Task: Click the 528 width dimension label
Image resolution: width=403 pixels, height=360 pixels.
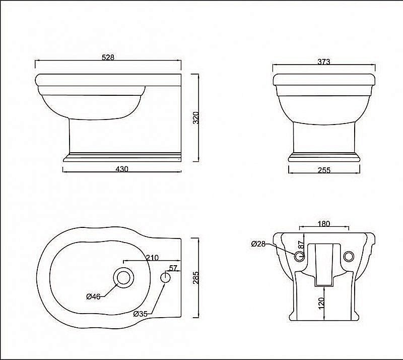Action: click(108, 57)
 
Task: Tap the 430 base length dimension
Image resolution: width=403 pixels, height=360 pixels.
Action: click(122, 169)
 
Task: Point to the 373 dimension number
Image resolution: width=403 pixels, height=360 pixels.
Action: click(324, 62)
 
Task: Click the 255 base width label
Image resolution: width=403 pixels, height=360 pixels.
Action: click(324, 170)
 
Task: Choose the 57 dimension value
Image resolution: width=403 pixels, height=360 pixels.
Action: click(173, 268)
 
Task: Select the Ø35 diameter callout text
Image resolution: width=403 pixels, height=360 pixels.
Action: click(141, 314)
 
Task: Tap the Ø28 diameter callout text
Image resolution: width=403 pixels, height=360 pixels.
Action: click(258, 244)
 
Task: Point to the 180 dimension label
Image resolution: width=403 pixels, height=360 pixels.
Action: click(324, 223)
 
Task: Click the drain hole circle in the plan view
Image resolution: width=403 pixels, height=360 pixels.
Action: click(122, 278)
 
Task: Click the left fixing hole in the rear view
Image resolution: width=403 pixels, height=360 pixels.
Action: click(300, 257)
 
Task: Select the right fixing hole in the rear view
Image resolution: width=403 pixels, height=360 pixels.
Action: click(348, 257)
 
